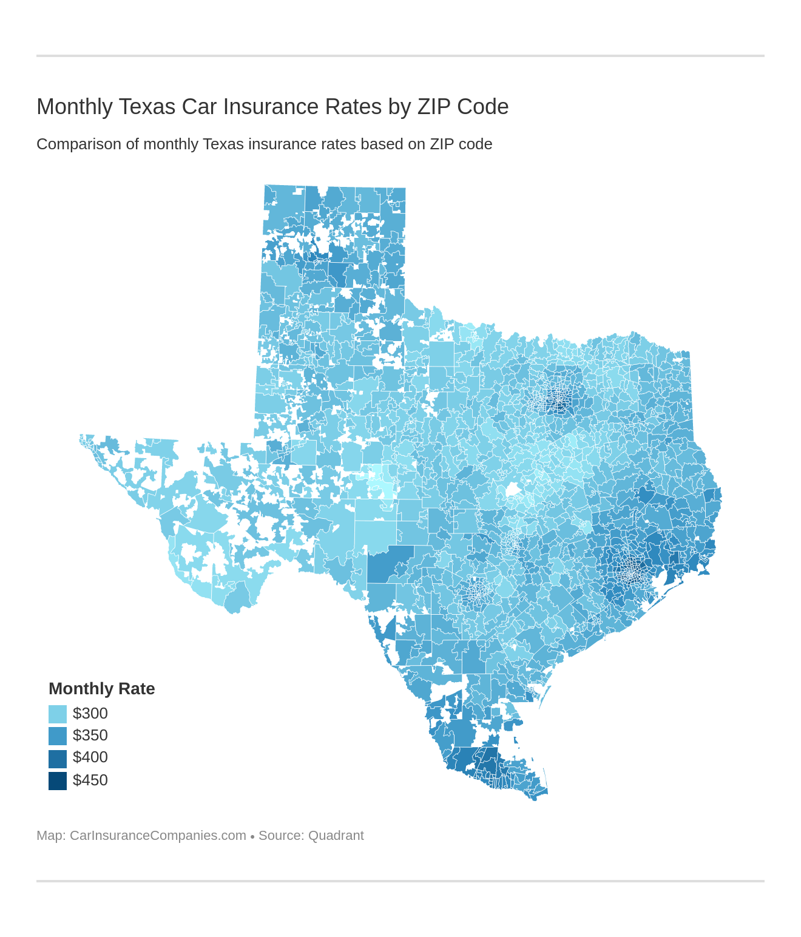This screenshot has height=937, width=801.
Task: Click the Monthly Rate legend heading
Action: [101, 689]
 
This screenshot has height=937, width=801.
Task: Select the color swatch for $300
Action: [58, 714]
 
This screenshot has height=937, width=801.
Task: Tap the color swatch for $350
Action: [58, 736]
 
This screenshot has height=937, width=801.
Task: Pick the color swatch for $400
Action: [58, 758]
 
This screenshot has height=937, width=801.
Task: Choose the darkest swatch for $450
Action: [58, 780]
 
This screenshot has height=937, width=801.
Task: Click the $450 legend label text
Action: [90, 780]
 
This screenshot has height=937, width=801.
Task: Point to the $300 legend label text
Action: [90, 714]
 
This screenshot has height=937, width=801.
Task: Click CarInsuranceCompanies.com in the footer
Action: [158, 836]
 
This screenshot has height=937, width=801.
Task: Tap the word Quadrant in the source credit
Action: [336, 836]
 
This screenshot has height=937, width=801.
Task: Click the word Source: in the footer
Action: [281, 836]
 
